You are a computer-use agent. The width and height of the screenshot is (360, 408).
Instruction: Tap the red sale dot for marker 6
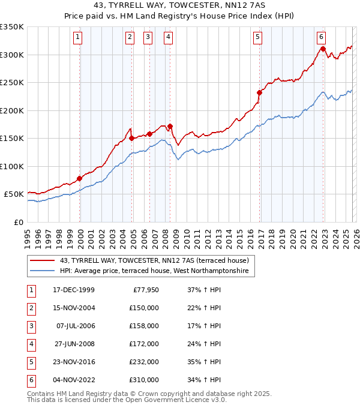click(323, 49)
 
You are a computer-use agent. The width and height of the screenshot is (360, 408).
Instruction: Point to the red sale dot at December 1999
click(80, 178)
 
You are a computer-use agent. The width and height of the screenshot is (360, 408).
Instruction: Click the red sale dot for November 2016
click(260, 92)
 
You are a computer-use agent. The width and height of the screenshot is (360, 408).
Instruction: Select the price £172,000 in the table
click(145, 344)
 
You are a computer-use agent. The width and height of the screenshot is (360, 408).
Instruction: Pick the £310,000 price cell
click(145, 380)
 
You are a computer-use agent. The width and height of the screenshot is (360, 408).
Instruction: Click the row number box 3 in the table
click(31, 326)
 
